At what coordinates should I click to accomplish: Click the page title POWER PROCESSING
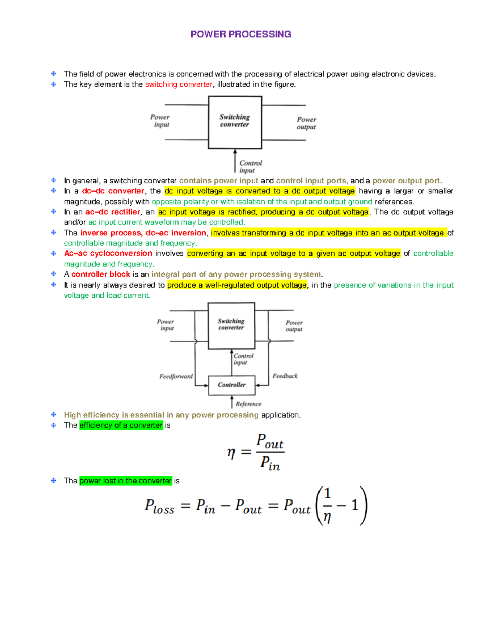(x=241, y=34)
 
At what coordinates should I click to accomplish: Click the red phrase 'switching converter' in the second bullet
(x=178, y=84)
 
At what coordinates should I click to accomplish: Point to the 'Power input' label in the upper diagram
(x=160, y=121)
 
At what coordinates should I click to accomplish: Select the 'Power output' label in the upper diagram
(x=306, y=123)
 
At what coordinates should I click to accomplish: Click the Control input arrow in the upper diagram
(x=235, y=161)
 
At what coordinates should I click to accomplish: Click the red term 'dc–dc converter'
(x=113, y=191)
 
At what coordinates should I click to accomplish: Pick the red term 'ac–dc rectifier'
(x=112, y=212)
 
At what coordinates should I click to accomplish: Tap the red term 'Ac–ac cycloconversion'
(x=108, y=254)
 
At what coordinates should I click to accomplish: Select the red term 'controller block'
(x=100, y=274)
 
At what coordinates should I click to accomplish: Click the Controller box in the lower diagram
(x=232, y=385)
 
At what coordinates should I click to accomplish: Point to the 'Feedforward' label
(x=176, y=376)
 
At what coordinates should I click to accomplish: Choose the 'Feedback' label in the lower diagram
(x=285, y=376)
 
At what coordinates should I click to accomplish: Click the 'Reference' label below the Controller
(x=248, y=404)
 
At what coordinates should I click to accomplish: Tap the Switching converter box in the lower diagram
(x=231, y=325)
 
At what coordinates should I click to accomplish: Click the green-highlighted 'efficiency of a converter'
(x=121, y=425)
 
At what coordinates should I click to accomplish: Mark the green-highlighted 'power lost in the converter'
(x=125, y=481)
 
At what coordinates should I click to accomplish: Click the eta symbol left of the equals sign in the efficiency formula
(x=231, y=453)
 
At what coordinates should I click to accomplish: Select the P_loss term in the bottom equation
(x=159, y=506)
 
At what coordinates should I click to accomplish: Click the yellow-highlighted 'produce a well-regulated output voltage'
(x=237, y=285)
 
